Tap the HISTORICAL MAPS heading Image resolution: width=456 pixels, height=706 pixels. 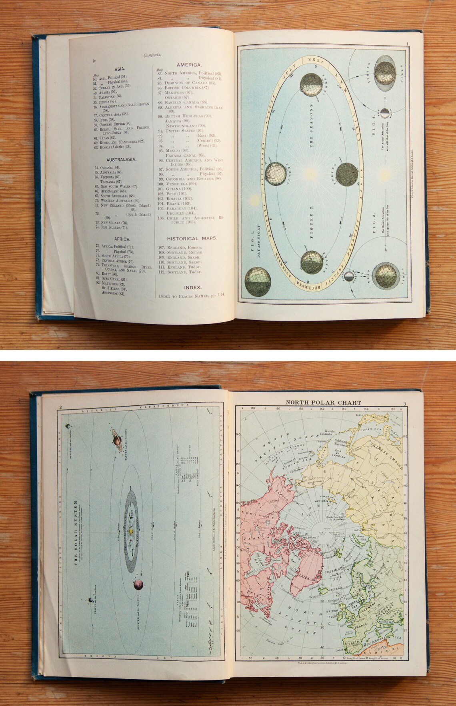coord(192,238)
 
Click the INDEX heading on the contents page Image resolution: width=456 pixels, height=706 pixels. coord(192,287)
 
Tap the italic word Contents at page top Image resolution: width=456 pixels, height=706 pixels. coord(152,56)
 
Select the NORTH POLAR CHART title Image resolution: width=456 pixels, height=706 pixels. coord(323,403)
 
